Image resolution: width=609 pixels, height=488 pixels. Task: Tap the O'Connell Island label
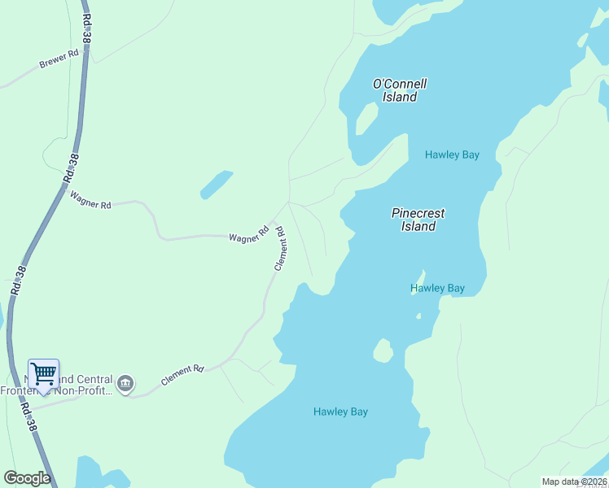[399, 90]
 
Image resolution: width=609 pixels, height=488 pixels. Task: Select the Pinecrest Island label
[418, 220]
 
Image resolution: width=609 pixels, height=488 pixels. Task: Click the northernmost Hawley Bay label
[452, 155]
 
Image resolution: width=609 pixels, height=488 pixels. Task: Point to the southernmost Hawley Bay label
[340, 412]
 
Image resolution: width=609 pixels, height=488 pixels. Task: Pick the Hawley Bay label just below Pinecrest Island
[437, 288]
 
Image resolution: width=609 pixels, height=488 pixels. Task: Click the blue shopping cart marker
[43, 374]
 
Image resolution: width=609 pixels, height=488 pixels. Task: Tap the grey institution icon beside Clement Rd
[125, 383]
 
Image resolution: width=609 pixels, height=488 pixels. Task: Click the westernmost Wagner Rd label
[90, 200]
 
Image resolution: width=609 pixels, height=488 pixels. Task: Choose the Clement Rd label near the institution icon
[182, 375]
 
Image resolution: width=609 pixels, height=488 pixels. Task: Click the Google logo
[27, 477]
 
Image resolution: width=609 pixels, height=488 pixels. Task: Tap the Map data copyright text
[574, 481]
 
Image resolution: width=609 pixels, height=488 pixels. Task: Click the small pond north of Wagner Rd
[216, 185]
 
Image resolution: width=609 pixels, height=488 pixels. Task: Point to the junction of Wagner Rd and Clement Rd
[287, 202]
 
